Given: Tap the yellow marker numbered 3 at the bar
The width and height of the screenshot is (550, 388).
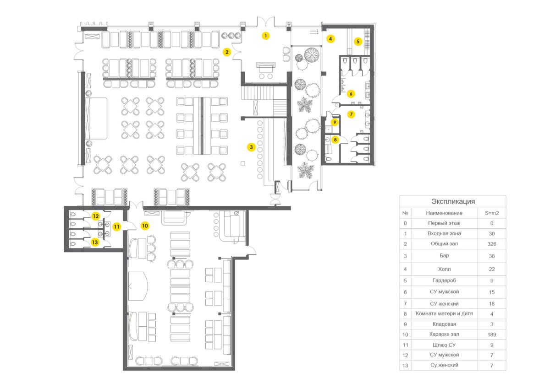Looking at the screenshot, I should coord(251,147).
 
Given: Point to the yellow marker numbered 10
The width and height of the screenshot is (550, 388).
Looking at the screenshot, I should coord(145,226).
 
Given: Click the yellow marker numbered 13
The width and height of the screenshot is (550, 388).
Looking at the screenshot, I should coord(95,242).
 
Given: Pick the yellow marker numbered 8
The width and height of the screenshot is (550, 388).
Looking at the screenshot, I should coord(335,140).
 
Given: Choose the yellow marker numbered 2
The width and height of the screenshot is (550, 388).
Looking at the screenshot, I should coord(226,52).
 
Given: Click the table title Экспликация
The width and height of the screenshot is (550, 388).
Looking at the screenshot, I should coord(453,201).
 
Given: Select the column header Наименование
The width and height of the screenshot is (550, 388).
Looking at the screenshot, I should coord(444,213).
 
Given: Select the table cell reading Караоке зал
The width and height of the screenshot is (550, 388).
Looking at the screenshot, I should coord(444,334).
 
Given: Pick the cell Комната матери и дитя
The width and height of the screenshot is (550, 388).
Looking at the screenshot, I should coord(444,314).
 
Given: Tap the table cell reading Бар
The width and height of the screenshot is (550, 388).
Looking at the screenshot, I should coord(444,256).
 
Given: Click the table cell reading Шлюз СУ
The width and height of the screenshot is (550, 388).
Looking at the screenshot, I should coord(444,345).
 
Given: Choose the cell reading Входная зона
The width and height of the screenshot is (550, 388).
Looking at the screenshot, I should coord(444,234).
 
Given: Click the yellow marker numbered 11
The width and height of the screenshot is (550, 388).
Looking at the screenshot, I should coord(116,226).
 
